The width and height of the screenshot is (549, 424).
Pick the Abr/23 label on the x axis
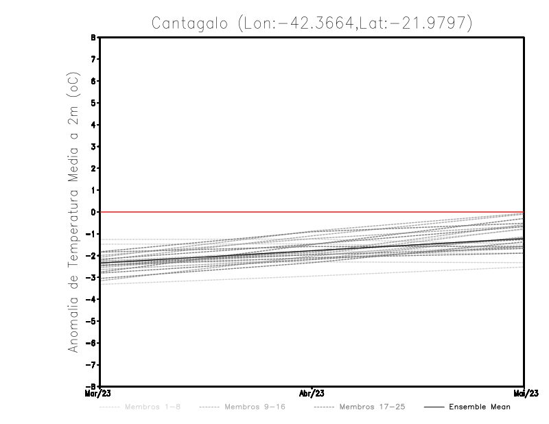[312, 394]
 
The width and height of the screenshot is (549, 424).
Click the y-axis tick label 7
[94, 59]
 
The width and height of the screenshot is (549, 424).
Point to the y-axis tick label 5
[94, 103]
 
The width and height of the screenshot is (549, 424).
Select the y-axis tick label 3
[94, 146]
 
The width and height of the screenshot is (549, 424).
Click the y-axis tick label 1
[94, 190]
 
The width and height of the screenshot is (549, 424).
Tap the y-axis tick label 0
[94, 212]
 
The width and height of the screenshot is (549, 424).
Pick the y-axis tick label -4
[93, 299]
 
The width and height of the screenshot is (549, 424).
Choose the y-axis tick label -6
[93, 342]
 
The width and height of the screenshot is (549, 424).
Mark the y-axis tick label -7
[93, 364]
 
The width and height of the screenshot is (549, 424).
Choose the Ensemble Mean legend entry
[480, 407]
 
